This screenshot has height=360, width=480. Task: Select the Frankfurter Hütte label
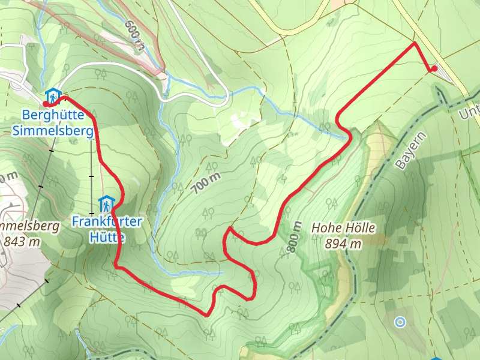pos(107,229)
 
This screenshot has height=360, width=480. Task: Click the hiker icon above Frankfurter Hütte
pos(106,203)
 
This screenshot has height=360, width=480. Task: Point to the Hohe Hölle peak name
pos(343,228)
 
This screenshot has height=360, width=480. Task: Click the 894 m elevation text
pos(343,244)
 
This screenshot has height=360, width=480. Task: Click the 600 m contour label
pos(136,34)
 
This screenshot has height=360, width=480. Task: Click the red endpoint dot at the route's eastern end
pos(434,70)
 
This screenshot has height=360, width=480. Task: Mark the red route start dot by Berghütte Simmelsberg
pos(46,104)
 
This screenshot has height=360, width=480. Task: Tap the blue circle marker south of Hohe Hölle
pos(400,322)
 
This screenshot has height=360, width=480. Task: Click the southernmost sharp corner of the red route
pos(207,315)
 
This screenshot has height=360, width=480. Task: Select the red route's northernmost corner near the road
pos(415,44)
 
